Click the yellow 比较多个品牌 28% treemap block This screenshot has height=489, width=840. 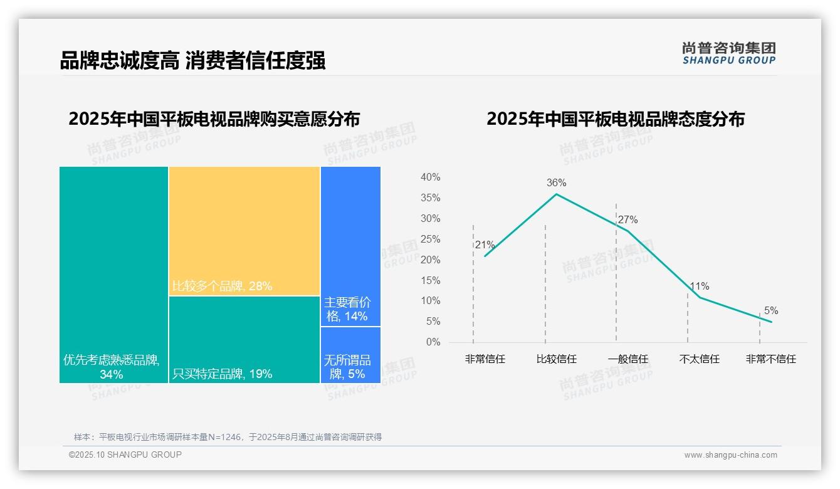tap(244, 231)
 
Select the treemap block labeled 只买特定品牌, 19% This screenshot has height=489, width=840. tap(244, 339)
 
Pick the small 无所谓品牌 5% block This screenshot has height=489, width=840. tap(350, 355)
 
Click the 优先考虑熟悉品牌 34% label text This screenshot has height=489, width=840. tap(112, 367)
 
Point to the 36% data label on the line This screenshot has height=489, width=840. tap(556, 183)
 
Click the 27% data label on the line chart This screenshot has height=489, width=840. tap(627, 220)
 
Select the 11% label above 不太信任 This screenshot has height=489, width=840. tap(699, 287)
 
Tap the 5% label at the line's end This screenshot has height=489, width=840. tap(770, 311)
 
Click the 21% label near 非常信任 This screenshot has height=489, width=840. tap(485, 245)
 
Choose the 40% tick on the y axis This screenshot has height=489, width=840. tap(430, 177)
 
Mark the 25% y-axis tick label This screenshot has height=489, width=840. tap(430, 239)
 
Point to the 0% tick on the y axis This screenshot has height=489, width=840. tap(433, 342)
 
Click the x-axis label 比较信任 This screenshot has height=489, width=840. tap(556, 359)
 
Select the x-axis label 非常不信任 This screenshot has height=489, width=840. tap(770, 359)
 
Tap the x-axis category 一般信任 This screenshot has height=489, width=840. tap(627, 359)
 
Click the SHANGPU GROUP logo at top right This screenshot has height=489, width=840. tap(729, 53)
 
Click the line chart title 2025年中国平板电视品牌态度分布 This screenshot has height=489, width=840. tap(615, 119)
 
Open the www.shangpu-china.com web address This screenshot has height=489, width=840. tap(730, 455)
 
